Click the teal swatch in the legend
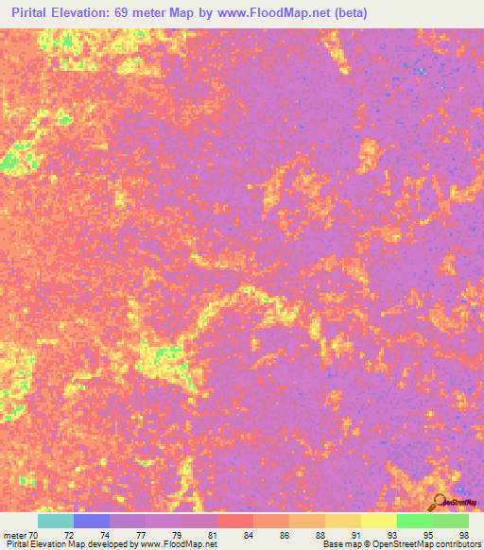pyautogui.click(x=56, y=521)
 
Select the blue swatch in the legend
pyautogui.click(x=92, y=521)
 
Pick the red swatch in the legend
pyautogui.click(x=235, y=521)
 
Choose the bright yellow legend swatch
pyautogui.click(x=379, y=521)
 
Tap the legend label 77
pyautogui.click(x=140, y=534)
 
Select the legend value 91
pyautogui.click(x=355, y=534)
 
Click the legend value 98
pyautogui.click(x=462, y=534)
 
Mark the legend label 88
pyautogui.click(x=320, y=534)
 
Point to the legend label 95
pyautogui.click(x=426, y=534)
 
